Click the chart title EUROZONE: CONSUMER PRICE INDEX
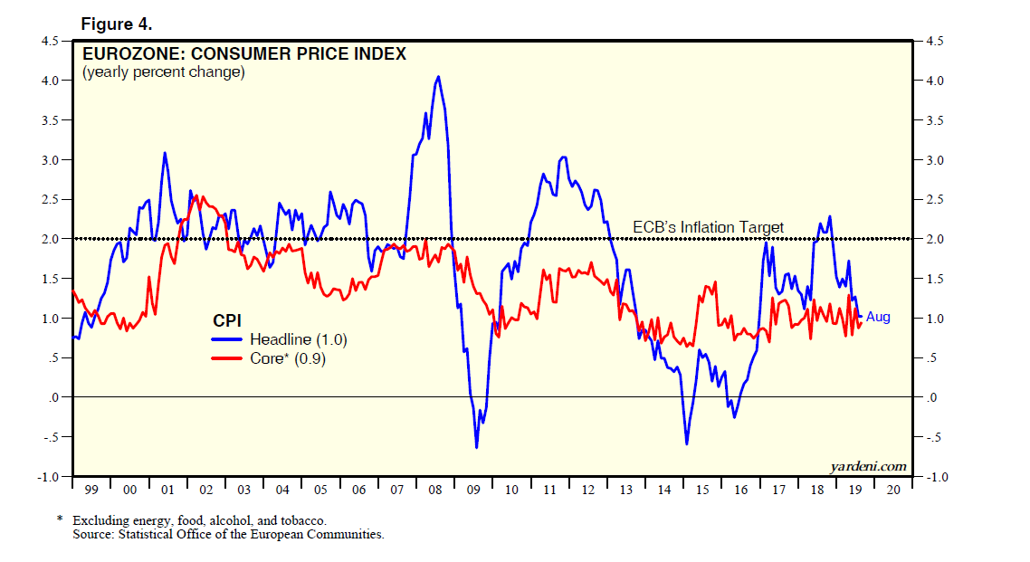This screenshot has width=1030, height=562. [243, 53]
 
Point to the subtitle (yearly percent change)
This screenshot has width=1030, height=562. [164, 72]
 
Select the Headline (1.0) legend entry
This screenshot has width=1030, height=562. [299, 339]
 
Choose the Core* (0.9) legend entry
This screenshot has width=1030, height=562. [288, 359]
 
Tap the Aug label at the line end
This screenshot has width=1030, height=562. [878, 317]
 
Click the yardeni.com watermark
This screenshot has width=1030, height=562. [868, 466]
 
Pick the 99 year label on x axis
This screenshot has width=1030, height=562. [91, 490]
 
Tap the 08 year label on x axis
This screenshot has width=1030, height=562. [434, 490]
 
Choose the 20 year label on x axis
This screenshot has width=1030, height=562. [893, 490]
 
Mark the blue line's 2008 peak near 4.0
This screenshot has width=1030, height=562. [438, 77]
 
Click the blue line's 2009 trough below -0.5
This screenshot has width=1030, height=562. [476, 447]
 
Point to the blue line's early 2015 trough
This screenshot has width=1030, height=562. [687, 443]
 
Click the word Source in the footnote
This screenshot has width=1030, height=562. [94, 534]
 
